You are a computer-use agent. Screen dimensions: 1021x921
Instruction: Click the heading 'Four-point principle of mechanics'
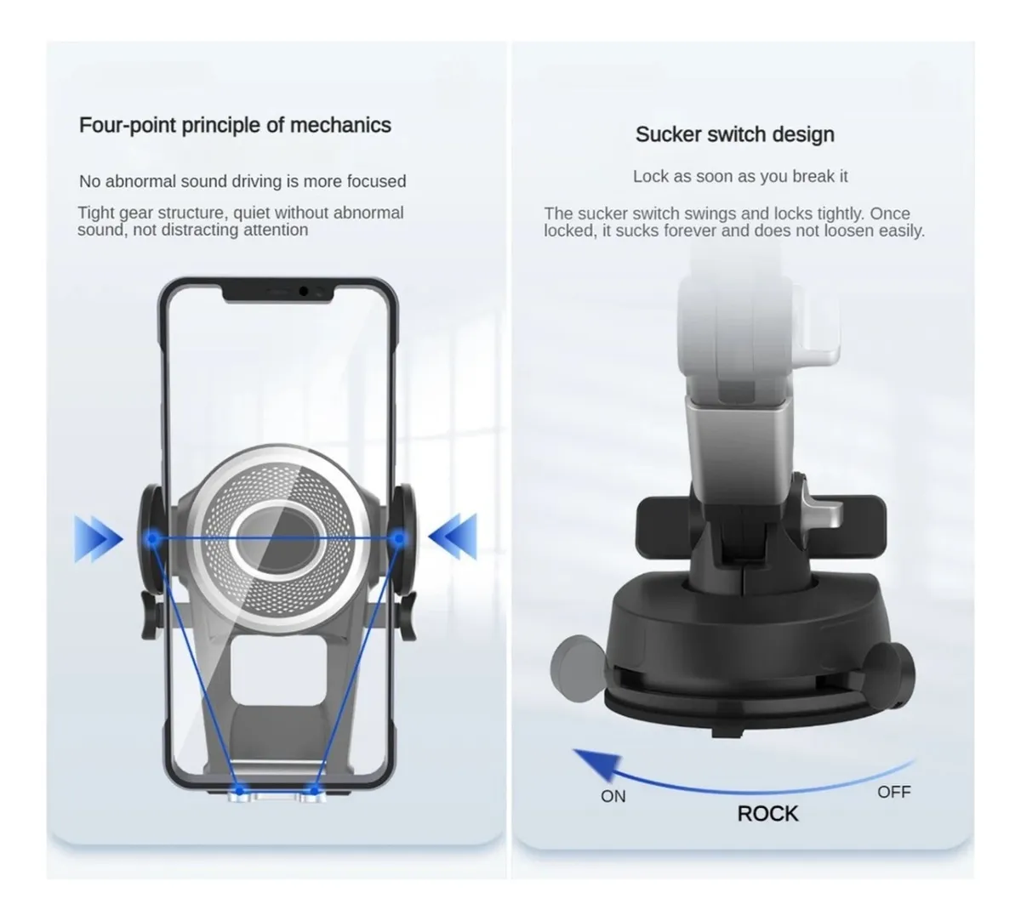click(235, 125)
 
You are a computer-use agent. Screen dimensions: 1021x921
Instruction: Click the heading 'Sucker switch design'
click(735, 134)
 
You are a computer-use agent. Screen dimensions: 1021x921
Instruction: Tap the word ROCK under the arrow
click(767, 814)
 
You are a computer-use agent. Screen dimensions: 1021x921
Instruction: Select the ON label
click(613, 796)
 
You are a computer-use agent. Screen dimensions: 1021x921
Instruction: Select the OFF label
click(894, 792)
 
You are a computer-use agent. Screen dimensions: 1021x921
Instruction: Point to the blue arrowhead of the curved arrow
click(598, 765)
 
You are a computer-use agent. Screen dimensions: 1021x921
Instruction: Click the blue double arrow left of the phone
click(98, 538)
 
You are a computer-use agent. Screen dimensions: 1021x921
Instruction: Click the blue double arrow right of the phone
click(453, 537)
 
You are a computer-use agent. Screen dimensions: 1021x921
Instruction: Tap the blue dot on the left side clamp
click(152, 538)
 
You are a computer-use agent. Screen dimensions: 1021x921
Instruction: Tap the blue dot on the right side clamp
click(399, 537)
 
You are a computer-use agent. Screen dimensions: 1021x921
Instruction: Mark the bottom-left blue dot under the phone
click(239, 790)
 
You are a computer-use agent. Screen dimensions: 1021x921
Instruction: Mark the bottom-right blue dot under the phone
click(315, 790)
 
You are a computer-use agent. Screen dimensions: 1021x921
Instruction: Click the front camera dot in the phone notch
click(304, 291)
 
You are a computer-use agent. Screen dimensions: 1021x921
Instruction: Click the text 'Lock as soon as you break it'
click(740, 177)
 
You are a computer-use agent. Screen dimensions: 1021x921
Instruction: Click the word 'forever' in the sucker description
click(688, 230)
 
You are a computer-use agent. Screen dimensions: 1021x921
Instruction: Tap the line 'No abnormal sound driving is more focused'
click(242, 181)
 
